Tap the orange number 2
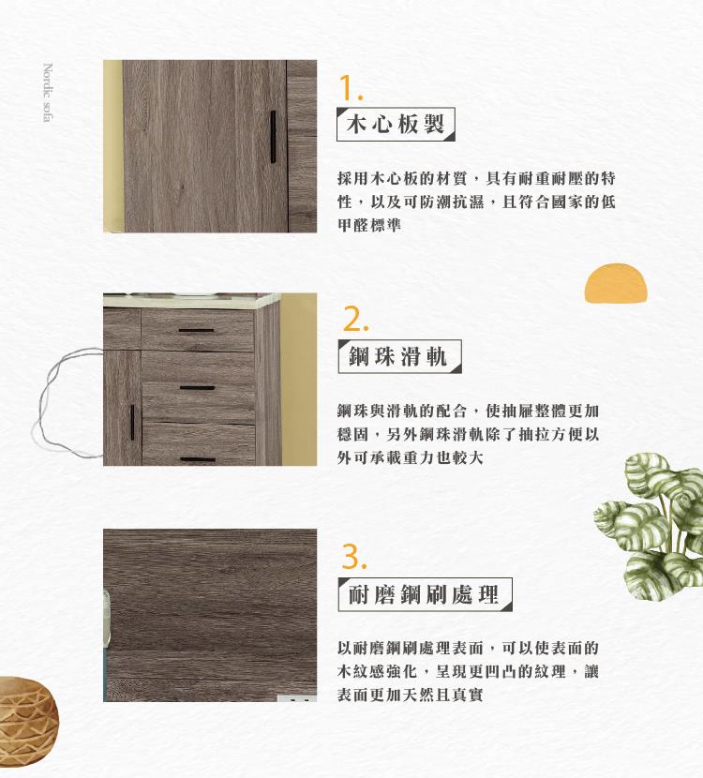pos(355,319)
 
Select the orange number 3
pos(354,556)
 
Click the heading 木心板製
pos(396,124)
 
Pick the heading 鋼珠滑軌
pos(399,356)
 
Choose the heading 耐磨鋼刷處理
pos(425,594)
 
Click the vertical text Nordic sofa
pos(48,92)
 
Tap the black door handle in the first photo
pos(273,137)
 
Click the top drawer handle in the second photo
pos(197,330)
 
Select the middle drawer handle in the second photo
pos(197,387)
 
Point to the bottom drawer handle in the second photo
pos(198,459)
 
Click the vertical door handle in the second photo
pos(132,422)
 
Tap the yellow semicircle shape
pos(616,283)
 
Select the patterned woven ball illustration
pos(27,713)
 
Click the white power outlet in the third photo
pos(297,698)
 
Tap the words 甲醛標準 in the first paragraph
pos(369,225)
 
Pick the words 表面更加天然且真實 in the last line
pos(411,695)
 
